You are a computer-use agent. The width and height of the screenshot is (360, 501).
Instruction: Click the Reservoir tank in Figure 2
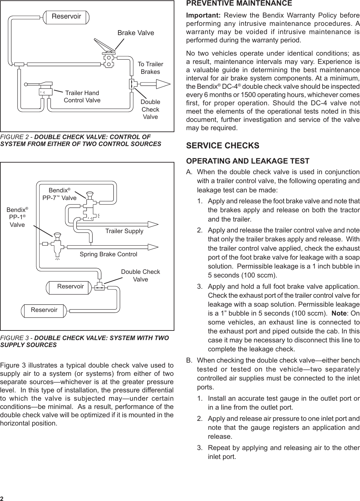[66, 17]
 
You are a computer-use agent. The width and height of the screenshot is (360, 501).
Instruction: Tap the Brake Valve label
[136, 33]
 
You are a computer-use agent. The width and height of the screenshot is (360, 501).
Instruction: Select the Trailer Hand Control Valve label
[82, 97]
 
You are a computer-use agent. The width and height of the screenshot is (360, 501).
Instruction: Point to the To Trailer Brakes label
[150, 68]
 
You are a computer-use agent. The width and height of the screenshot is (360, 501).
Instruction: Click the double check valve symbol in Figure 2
[131, 84]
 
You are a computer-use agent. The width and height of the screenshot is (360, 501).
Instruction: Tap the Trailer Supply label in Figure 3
[124, 231]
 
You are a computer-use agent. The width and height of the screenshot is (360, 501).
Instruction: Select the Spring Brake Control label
[108, 254]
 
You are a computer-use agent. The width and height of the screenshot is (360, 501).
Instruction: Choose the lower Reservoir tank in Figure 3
[44, 310]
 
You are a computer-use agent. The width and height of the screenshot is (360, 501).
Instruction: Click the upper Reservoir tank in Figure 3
[70, 287]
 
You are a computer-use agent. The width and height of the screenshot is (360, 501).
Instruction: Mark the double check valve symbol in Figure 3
[99, 287]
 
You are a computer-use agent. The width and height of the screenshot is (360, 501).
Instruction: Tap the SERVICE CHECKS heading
[223, 146]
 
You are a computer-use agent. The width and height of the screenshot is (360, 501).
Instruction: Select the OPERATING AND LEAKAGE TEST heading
[248, 161]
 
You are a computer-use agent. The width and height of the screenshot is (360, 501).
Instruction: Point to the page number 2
[2, 499]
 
